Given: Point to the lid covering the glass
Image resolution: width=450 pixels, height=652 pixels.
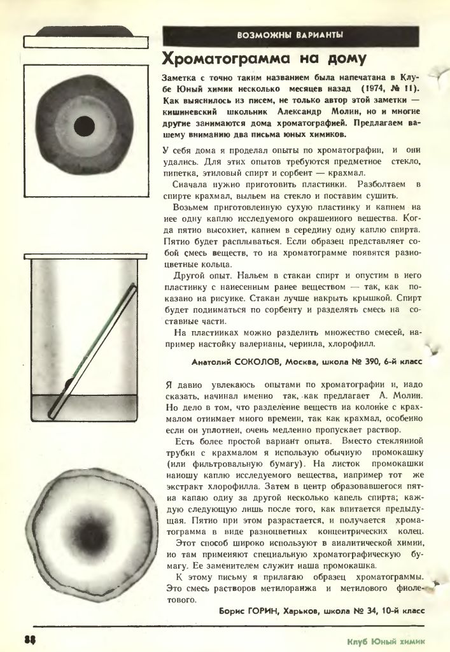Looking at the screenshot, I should pos(85,256).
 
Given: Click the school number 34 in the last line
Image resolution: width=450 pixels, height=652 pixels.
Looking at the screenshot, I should pos(367,611).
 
